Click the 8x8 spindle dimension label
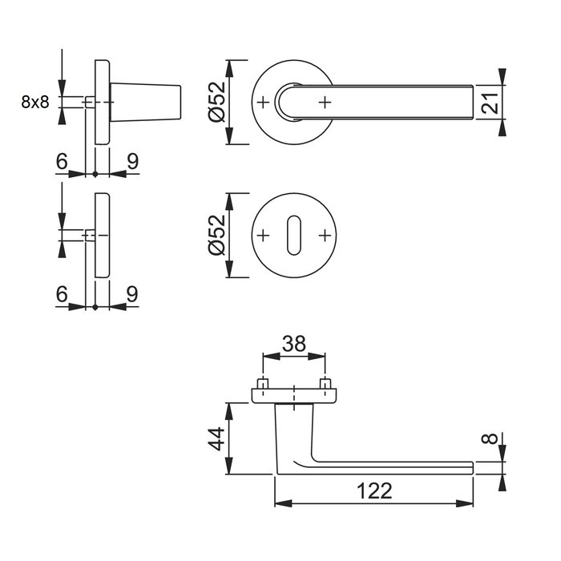[x=35, y=102]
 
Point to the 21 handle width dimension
[x=491, y=102]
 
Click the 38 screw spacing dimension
[x=294, y=344]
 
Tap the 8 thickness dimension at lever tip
[x=492, y=440]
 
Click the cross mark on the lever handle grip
[x=325, y=102]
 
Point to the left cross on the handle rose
[x=263, y=102]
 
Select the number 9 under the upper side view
[x=132, y=161]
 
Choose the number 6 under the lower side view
[x=62, y=294]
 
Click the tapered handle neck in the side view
[x=148, y=102]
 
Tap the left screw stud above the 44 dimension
[x=262, y=383]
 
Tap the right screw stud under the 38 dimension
[x=325, y=383]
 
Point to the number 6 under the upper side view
[x=62, y=161]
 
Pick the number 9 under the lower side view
[x=132, y=294]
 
